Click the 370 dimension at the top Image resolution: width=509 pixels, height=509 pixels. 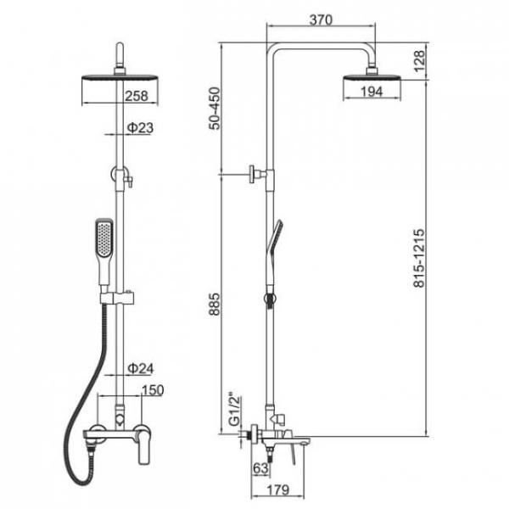click(321, 20)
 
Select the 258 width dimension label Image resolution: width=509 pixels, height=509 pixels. click(137, 96)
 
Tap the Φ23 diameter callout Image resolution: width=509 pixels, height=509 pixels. click(140, 128)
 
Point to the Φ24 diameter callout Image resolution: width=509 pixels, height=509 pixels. click(141, 368)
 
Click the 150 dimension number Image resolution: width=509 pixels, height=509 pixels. click(153, 390)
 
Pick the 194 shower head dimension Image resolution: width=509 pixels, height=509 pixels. click(372, 92)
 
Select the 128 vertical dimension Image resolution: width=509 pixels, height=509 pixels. click(419, 61)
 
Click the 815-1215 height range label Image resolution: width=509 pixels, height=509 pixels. click(419, 259)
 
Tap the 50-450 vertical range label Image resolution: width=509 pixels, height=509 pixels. click(215, 109)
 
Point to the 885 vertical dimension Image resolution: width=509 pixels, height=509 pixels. click(215, 305)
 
